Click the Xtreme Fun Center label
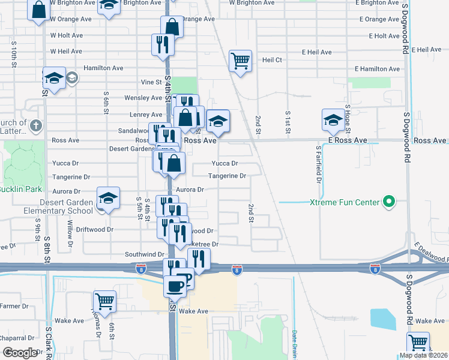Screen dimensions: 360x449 point(345,202)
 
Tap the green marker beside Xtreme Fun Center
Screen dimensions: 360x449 point(389,202)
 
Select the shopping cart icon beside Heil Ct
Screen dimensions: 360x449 point(240,60)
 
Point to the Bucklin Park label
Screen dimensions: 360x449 point(20,189)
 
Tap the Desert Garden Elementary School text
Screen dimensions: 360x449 point(51,206)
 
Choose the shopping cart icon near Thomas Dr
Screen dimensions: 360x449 point(104,301)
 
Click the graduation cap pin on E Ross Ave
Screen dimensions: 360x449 point(333,119)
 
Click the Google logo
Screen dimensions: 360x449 point(20,353)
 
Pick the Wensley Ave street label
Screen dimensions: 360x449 point(143,98)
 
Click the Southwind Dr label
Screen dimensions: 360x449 point(144,254)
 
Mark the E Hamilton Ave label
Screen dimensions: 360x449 point(377,69)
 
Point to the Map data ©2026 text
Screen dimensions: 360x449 point(424,355)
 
